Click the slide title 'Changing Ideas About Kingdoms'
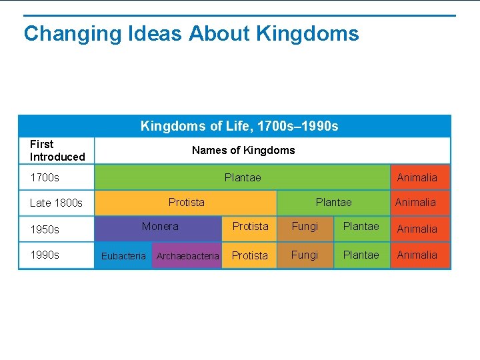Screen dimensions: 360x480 (x=191, y=33)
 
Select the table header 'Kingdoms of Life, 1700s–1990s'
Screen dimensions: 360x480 (x=239, y=126)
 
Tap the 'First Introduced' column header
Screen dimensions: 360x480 (x=57, y=151)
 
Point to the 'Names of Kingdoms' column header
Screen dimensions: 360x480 (x=243, y=151)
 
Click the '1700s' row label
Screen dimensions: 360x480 (x=45, y=177)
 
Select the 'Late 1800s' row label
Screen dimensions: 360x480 (x=56, y=203)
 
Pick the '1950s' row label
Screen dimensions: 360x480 (x=45, y=229)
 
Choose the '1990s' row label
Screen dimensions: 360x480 (x=45, y=255)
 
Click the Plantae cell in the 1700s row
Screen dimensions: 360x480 (x=243, y=177)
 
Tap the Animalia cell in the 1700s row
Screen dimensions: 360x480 (x=417, y=177)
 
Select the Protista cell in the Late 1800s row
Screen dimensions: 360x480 (x=187, y=203)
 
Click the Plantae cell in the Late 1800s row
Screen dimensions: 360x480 (x=333, y=203)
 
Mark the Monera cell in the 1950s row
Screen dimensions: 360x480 (x=160, y=227)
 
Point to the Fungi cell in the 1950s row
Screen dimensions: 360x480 (x=305, y=227)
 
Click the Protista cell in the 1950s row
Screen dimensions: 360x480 (x=250, y=227)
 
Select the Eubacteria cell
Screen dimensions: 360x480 (x=123, y=256)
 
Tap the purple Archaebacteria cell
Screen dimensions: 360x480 (x=187, y=256)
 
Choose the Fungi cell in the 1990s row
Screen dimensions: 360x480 (x=305, y=255)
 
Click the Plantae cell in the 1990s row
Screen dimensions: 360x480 (x=361, y=255)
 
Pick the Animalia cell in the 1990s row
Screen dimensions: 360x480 (x=417, y=255)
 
